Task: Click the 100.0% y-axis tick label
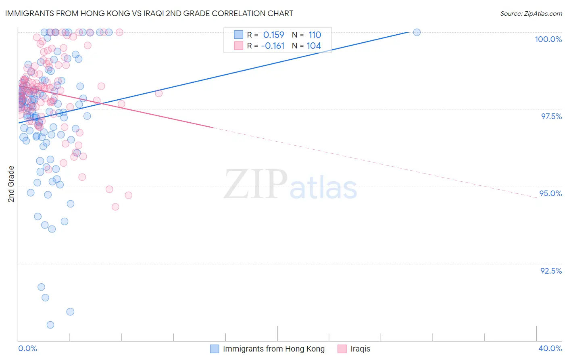(x=548, y=39)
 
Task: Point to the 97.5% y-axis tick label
(x=551, y=116)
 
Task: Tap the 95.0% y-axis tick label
(x=550, y=193)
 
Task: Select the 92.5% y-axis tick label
(x=551, y=271)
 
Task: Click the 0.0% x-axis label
(x=27, y=348)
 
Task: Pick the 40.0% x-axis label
(x=550, y=348)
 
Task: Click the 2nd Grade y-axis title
(x=11, y=184)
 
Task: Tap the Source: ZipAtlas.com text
(x=531, y=14)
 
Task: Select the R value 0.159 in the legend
(x=273, y=35)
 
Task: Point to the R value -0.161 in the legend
(x=273, y=46)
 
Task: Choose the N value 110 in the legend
(x=315, y=35)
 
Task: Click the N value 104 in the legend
(x=314, y=46)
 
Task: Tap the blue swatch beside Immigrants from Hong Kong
(x=215, y=349)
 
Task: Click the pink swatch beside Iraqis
(x=342, y=349)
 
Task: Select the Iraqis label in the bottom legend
(x=360, y=349)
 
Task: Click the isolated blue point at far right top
(x=417, y=32)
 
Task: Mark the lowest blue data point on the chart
(x=50, y=325)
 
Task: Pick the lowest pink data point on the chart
(x=115, y=207)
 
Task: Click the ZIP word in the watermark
(x=256, y=184)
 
